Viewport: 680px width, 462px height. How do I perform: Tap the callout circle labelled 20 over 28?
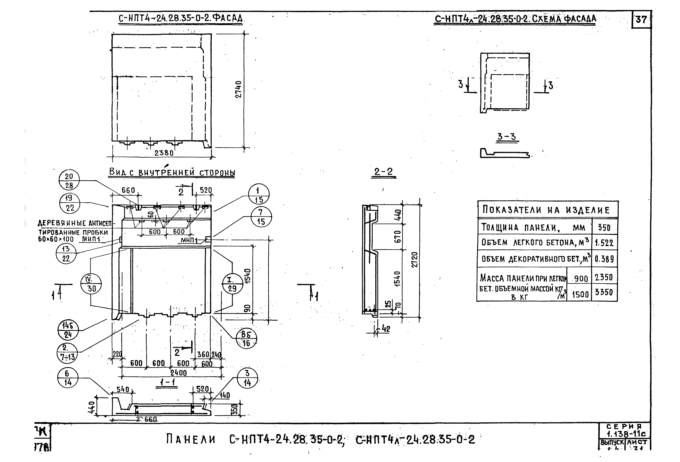pos(69,181)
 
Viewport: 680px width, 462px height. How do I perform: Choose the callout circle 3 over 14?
pos(247,378)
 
